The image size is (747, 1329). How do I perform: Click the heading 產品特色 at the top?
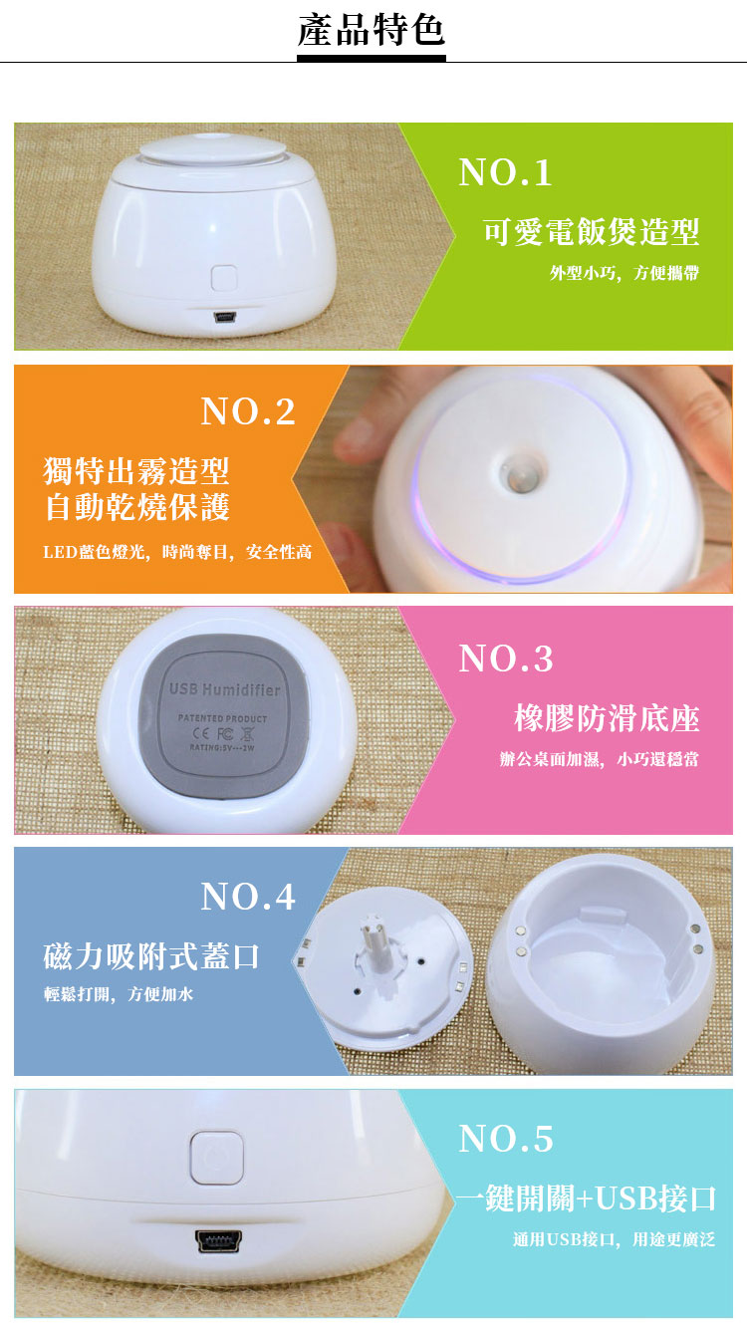coord(372,30)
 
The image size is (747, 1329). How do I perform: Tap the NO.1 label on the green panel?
coord(505,172)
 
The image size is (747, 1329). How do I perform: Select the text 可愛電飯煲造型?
coord(591,231)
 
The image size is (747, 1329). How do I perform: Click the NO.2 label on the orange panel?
coord(248,411)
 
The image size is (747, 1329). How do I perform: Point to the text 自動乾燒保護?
coord(137,507)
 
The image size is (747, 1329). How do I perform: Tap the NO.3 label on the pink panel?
coord(506,659)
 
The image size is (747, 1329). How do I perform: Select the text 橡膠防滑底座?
coord(607,718)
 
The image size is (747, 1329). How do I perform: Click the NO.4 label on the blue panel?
coord(248,896)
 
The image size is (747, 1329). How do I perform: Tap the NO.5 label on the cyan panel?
coord(506,1139)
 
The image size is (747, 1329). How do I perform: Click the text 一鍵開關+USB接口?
coord(587,1197)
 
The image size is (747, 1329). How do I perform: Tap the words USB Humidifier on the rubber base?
coord(225,689)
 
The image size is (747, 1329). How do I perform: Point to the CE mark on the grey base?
coord(202,733)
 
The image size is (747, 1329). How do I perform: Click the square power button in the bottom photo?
coord(216,1158)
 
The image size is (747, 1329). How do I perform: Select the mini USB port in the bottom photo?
coord(218,1240)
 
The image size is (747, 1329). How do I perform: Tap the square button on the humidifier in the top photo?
coord(224,278)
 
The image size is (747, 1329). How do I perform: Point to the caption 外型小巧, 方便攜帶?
coord(624,273)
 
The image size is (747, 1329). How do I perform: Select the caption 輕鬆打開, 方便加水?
coord(119,994)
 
